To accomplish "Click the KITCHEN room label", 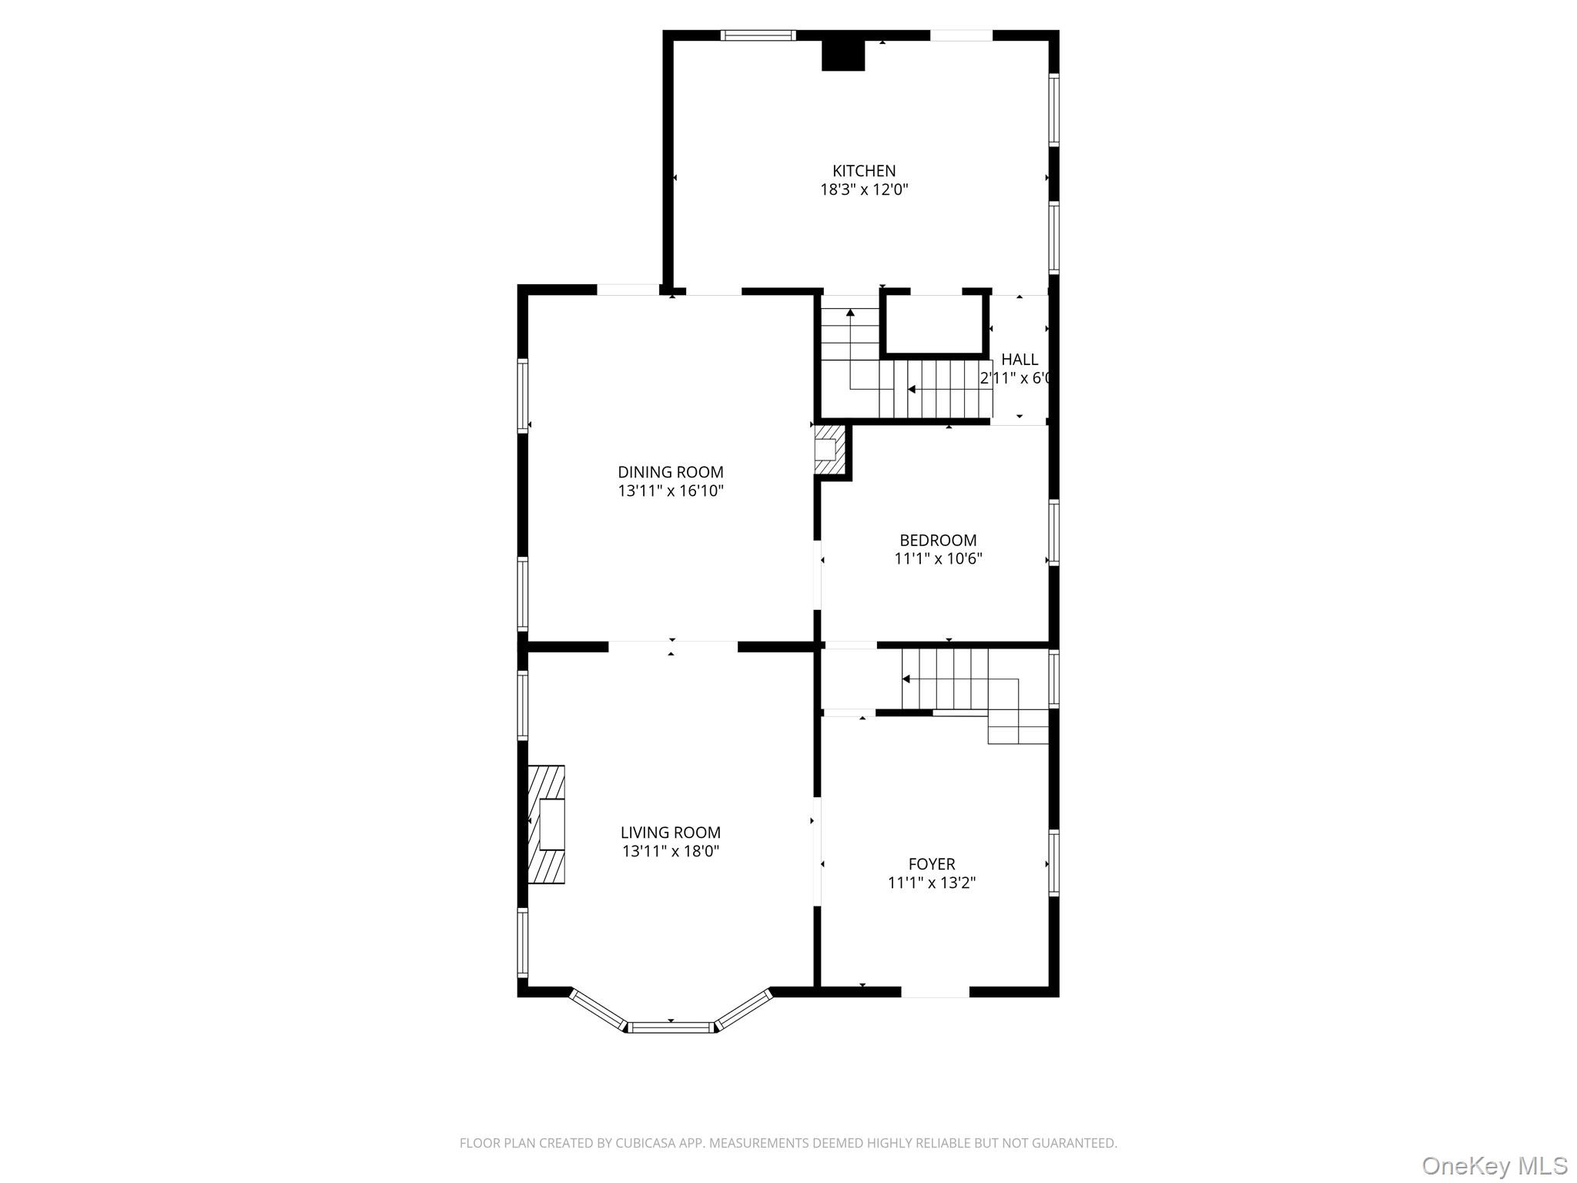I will (863, 171).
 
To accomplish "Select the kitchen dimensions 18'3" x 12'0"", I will (863, 190).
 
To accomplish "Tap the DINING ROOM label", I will (670, 472).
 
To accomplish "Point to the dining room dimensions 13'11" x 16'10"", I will (670, 491).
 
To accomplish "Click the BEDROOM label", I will (937, 541).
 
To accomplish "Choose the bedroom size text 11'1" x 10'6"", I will (937, 559).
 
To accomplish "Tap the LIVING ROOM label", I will (670, 833).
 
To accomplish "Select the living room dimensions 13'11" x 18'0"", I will (670, 852).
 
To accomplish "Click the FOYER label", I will (931, 864).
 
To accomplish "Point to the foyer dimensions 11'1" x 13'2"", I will (931, 883).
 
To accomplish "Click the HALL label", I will (1019, 360).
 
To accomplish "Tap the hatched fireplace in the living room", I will (547, 824).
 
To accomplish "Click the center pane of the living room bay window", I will (671, 1027).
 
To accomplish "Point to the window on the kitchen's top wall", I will (758, 35).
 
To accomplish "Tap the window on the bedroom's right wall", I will (1053, 532).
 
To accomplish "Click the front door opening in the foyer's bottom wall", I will (934, 992).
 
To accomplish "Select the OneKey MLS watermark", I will (1494, 1165).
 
